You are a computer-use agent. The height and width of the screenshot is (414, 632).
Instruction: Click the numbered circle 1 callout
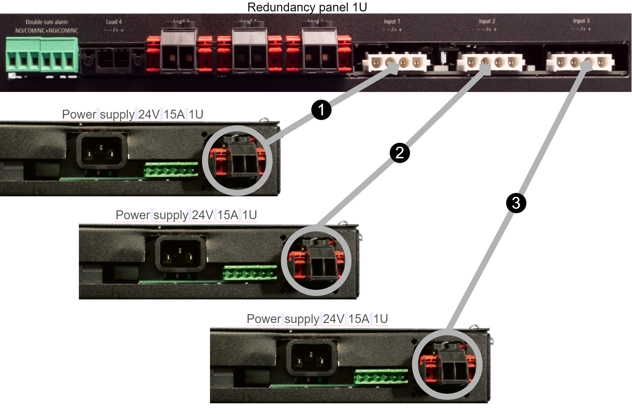(321, 110)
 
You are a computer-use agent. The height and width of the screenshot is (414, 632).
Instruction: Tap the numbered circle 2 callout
(400, 153)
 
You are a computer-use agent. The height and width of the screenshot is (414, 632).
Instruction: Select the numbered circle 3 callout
(516, 203)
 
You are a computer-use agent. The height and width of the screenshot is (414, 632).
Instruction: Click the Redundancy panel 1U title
(307, 7)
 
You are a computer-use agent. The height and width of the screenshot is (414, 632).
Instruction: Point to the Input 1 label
(392, 22)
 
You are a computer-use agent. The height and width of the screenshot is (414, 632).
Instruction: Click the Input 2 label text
(487, 21)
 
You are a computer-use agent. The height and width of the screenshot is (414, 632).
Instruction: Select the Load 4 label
(114, 22)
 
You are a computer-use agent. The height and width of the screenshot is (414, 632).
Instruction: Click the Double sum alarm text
(47, 22)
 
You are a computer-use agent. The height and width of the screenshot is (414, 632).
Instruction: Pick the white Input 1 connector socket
(396, 63)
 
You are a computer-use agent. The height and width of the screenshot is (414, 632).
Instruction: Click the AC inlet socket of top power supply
(101, 150)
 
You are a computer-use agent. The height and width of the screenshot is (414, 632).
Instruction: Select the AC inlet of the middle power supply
(180, 254)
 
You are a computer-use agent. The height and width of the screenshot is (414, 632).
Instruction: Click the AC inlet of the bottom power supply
(311, 358)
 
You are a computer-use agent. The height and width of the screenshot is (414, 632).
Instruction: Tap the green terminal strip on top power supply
(171, 170)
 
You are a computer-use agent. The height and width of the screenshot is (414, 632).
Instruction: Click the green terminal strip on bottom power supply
(381, 376)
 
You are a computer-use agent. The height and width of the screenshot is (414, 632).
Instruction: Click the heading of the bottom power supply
(317, 319)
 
